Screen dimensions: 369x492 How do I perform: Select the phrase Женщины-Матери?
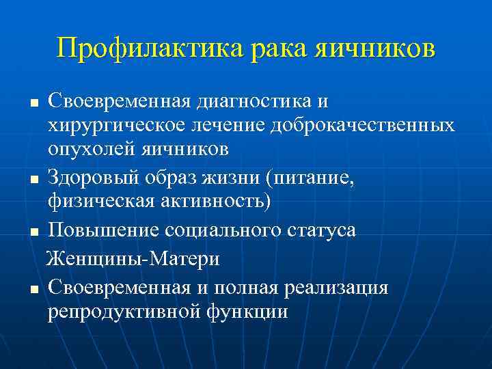coord(133,259)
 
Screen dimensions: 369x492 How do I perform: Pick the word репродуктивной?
coord(120,312)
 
